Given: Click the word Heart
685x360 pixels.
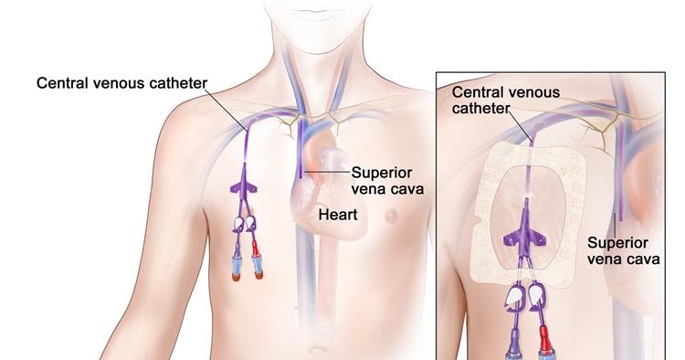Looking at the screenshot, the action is pos(339,216).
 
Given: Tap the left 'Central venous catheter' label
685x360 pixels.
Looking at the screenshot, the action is pos(121,83).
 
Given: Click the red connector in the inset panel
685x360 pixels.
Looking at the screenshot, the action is pos(551,346).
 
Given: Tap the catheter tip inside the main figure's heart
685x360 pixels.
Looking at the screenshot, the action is pos(300,173).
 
